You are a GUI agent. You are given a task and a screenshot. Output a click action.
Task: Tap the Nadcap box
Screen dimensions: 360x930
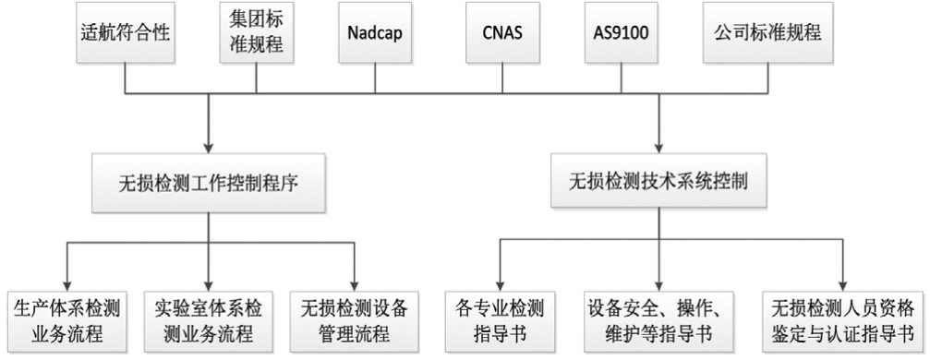pos(376,32)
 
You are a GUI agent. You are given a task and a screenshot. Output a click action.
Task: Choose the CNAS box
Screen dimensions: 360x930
pos(501,32)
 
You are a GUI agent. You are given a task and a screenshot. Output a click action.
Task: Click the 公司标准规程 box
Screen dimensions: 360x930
pos(767,32)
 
